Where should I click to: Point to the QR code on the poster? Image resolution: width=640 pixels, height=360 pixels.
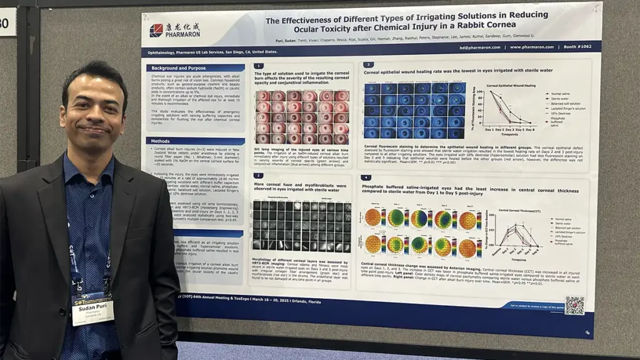[x=574, y=305]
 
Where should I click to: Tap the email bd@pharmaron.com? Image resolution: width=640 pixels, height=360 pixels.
[x=474, y=47]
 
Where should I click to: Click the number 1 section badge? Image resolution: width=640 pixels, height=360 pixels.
[x=259, y=65]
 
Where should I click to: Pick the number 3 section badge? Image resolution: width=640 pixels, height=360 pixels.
[x=369, y=65]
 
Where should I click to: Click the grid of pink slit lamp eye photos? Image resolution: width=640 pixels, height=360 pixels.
[x=302, y=117]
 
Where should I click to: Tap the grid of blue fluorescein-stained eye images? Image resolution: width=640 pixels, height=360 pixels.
[x=414, y=110]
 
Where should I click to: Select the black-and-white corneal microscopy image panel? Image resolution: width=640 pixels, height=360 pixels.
[x=302, y=226]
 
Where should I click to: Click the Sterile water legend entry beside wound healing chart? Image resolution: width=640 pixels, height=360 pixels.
[x=560, y=99]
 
